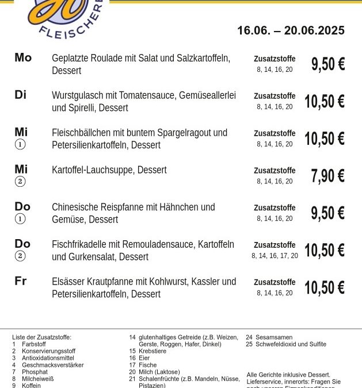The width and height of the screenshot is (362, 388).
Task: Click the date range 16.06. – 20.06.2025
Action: tap(291, 30)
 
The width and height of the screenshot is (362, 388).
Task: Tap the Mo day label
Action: tap(23, 57)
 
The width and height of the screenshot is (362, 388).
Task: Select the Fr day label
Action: tap(21, 281)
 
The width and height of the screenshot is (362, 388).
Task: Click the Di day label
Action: tap(21, 95)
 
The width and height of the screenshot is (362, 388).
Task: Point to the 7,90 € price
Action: tap(327, 176)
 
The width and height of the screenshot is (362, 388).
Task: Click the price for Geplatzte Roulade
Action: tap(327, 64)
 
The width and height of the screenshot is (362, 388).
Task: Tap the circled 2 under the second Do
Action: tap(20, 256)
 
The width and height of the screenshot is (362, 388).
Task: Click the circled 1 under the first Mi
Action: tap(20, 145)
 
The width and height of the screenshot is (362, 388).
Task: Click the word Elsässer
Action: tap(68, 282)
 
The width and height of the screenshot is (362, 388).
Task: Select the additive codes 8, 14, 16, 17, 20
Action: tap(275, 256)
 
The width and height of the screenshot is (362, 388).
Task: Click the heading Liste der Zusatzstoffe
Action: tap(41, 337)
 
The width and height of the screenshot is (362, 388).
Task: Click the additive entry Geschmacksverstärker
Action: tap(52, 365)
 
